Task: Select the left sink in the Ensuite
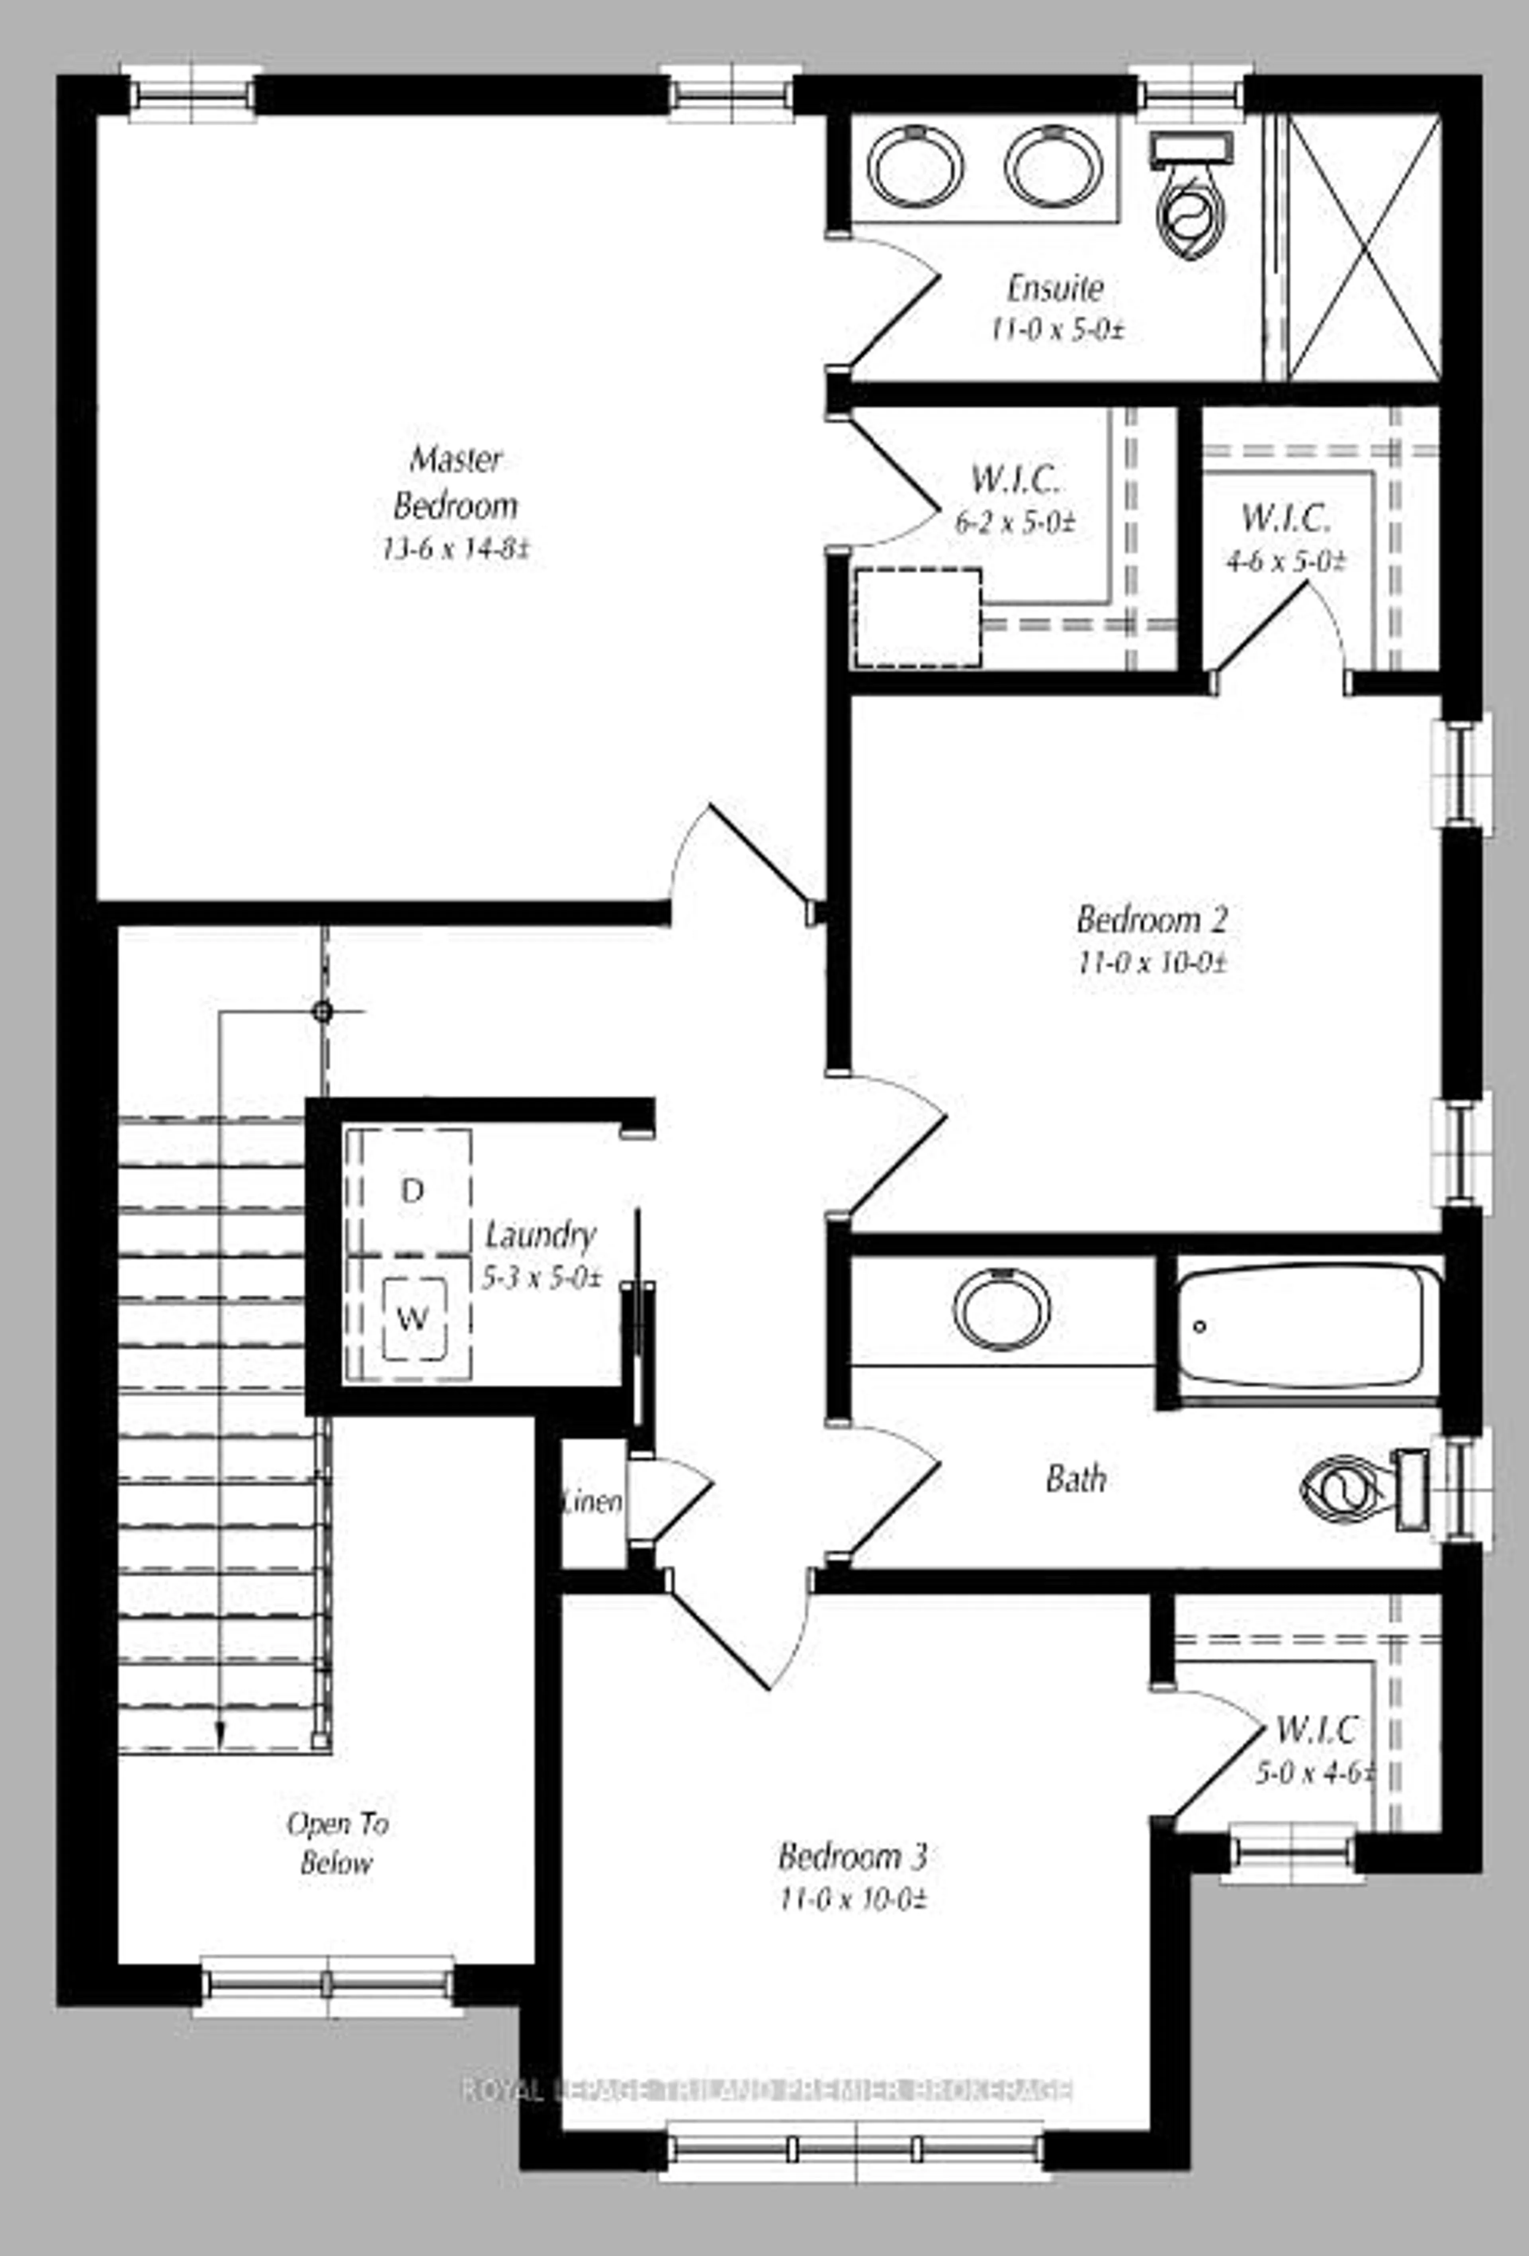click(915, 166)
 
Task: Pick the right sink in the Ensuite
click(1054, 166)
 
